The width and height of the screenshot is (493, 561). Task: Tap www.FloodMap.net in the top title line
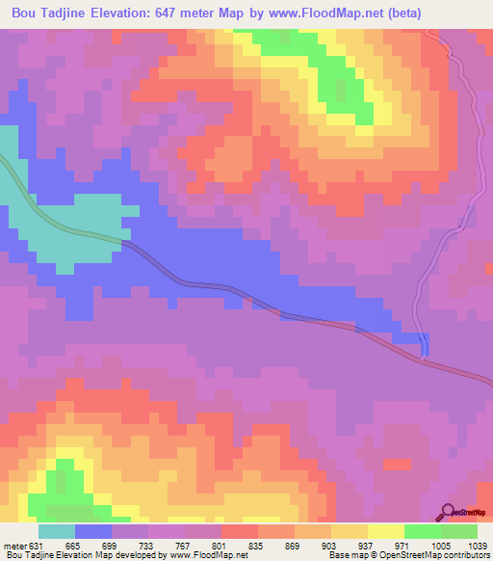pos(323,13)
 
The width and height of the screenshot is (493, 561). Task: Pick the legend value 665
pos(75,546)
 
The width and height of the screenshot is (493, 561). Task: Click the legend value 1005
pos(441,546)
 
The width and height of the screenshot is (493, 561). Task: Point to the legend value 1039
pos(478,546)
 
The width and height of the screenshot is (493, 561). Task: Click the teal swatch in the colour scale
pos(57,531)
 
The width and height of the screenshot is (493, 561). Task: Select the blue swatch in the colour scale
pos(93,531)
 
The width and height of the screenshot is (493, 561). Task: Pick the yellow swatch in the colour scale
pos(386,531)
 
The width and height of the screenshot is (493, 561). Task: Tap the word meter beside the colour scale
pos(14,546)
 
